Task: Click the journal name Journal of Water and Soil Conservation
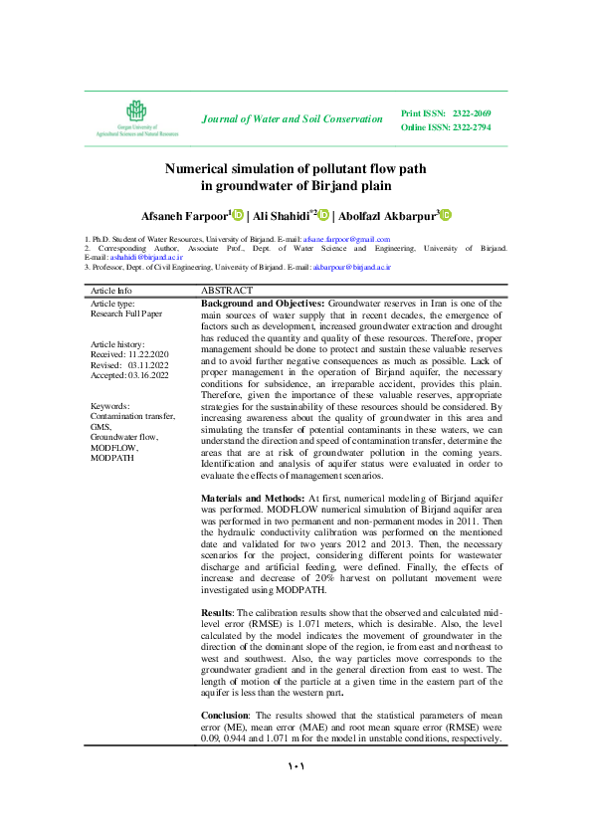[292, 119]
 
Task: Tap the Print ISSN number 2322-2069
[471, 113]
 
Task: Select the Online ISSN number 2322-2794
[471, 127]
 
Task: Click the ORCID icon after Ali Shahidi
[323, 215]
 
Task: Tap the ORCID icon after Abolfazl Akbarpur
[445, 215]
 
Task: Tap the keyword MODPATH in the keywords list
[112, 457]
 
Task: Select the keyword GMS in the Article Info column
[100, 427]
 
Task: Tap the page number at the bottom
[296, 767]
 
